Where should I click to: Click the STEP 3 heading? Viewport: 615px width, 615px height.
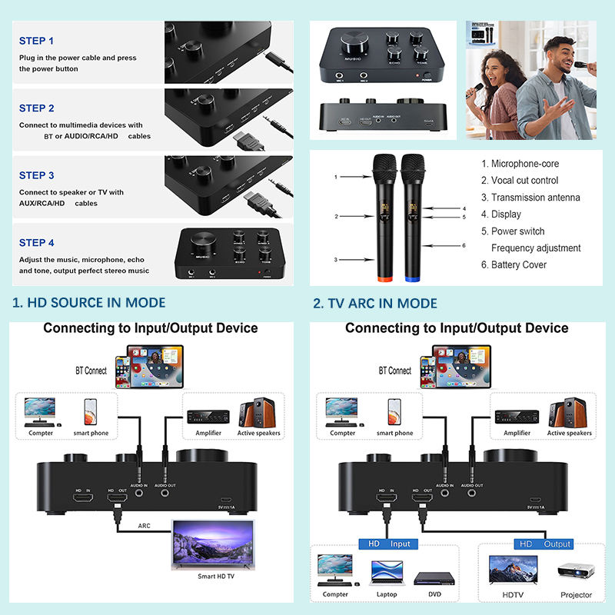pos(37,175)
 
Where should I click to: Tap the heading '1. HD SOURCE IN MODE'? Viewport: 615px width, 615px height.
pos(89,303)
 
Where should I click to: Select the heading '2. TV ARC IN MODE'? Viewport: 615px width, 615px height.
pos(375,303)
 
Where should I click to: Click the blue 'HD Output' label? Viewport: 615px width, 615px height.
pos(545,544)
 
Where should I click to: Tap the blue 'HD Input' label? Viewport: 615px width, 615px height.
pos(389,544)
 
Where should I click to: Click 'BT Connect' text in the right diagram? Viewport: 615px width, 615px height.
pos(394,371)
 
